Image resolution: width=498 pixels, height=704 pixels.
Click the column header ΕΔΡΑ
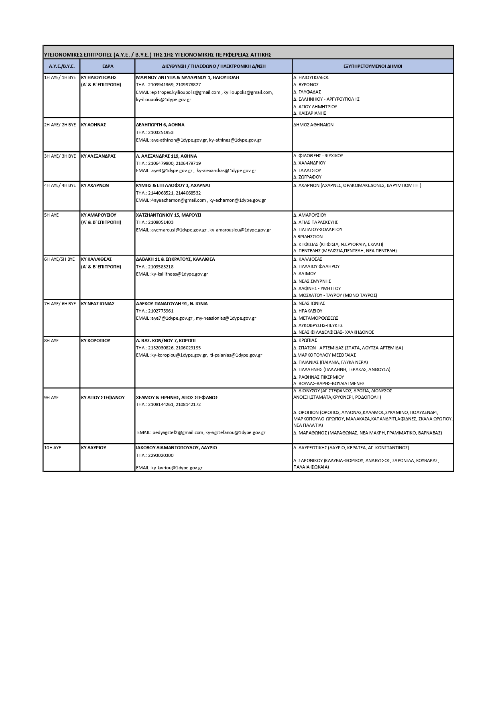[108, 66]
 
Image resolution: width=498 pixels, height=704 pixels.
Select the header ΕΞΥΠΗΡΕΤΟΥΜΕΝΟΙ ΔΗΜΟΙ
[372, 66]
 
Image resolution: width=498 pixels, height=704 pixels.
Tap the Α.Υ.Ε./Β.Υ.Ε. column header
[62, 66]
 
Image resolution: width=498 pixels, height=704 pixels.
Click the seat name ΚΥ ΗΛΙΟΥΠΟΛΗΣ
[99, 77]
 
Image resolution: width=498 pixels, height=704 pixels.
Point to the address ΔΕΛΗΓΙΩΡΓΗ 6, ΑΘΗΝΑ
[160, 125]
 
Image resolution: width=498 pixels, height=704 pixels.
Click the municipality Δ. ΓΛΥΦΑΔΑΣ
[307, 92]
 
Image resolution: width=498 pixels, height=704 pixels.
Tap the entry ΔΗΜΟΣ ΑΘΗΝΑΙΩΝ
[313, 125]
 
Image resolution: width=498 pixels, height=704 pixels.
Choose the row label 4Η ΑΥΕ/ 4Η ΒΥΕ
[60, 185]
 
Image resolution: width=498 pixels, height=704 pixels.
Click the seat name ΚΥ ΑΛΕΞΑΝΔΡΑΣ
[98, 156]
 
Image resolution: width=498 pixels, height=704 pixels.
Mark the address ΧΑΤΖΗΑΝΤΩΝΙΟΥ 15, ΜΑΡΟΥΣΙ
[169, 215]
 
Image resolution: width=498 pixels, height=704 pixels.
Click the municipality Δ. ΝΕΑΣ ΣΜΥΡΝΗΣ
[312, 281]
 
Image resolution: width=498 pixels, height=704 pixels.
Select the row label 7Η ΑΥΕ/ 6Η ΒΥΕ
[60, 304]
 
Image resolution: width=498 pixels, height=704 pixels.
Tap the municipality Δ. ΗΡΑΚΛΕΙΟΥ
[308, 311]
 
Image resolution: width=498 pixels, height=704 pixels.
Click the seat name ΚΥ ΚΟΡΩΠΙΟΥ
[96, 341]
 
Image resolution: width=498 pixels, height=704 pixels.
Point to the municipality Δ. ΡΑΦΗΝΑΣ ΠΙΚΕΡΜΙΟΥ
[319, 377]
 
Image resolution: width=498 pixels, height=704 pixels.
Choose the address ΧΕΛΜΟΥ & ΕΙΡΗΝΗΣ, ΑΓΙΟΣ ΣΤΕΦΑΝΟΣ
[177, 398]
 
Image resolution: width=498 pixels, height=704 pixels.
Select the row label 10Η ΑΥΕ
[53, 448]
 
